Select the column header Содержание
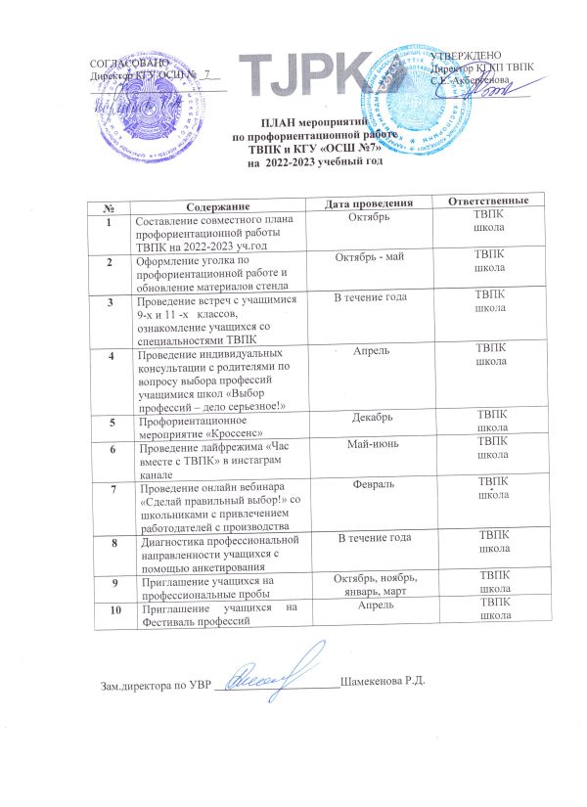pos(220,203)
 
